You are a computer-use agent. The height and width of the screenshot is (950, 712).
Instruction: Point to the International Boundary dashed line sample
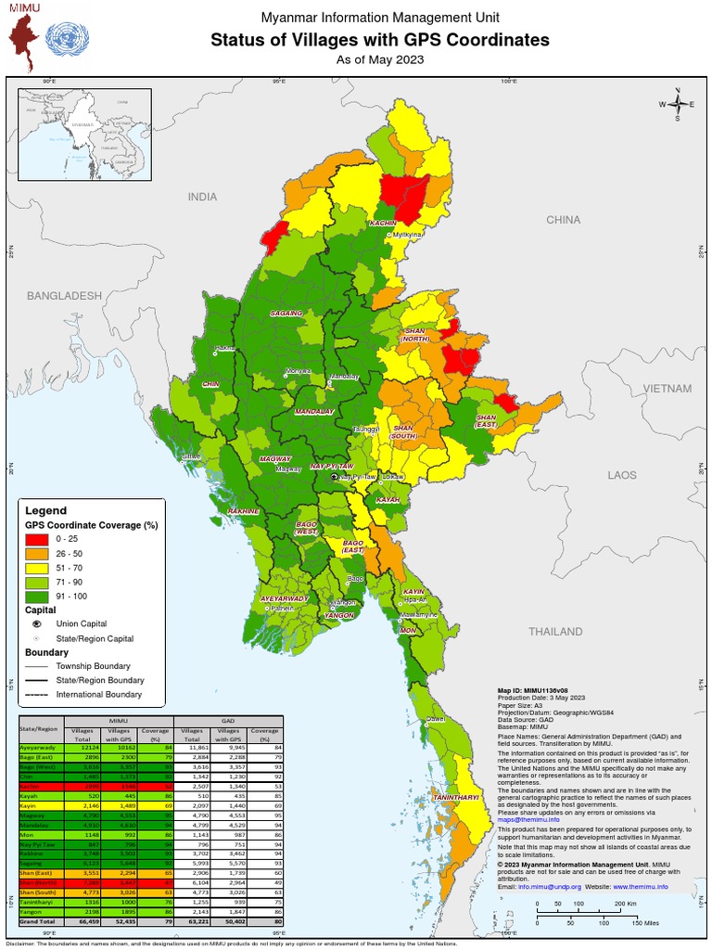tap(36, 694)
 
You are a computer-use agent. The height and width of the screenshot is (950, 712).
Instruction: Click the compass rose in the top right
tap(678, 103)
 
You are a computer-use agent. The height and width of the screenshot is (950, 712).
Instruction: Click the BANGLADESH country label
tap(63, 295)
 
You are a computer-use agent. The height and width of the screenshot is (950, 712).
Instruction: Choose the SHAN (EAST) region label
tap(486, 422)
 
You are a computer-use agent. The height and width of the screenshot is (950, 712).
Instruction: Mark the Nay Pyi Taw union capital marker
tap(335, 476)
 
